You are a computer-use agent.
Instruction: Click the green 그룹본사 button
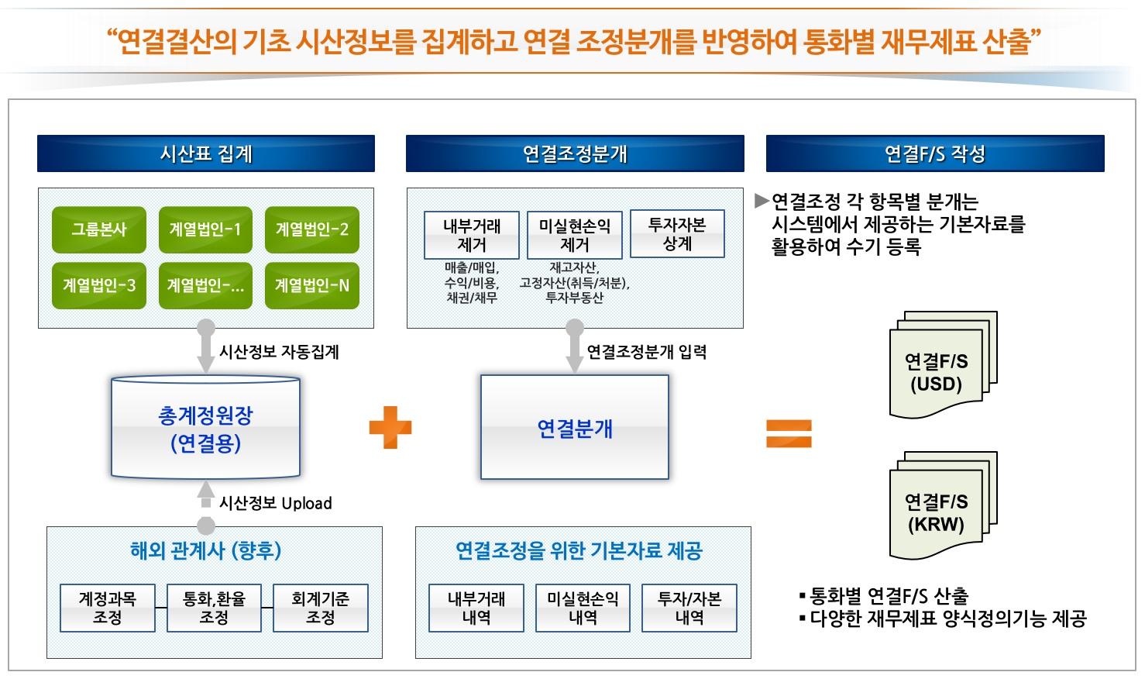(x=99, y=229)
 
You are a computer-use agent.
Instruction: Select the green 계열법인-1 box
(x=205, y=229)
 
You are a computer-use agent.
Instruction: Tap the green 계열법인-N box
(x=311, y=285)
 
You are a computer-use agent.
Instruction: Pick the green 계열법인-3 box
(x=99, y=285)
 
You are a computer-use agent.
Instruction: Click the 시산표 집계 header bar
(x=206, y=153)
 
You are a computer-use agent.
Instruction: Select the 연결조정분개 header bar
(x=575, y=153)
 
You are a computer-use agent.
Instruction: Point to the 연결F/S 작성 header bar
(x=935, y=153)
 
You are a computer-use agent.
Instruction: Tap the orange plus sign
(x=390, y=429)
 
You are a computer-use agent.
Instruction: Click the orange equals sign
(x=789, y=433)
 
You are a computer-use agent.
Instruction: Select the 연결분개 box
(x=575, y=428)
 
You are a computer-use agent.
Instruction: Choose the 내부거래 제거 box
(x=472, y=235)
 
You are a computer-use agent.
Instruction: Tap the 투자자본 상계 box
(x=677, y=234)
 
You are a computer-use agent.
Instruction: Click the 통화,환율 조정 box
(x=214, y=608)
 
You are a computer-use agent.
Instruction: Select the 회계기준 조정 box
(x=321, y=608)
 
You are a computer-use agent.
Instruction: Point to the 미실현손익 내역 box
(x=583, y=608)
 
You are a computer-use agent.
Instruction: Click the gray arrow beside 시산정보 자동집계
(x=206, y=349)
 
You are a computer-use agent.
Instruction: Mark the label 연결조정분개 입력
(x=647, y=353)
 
